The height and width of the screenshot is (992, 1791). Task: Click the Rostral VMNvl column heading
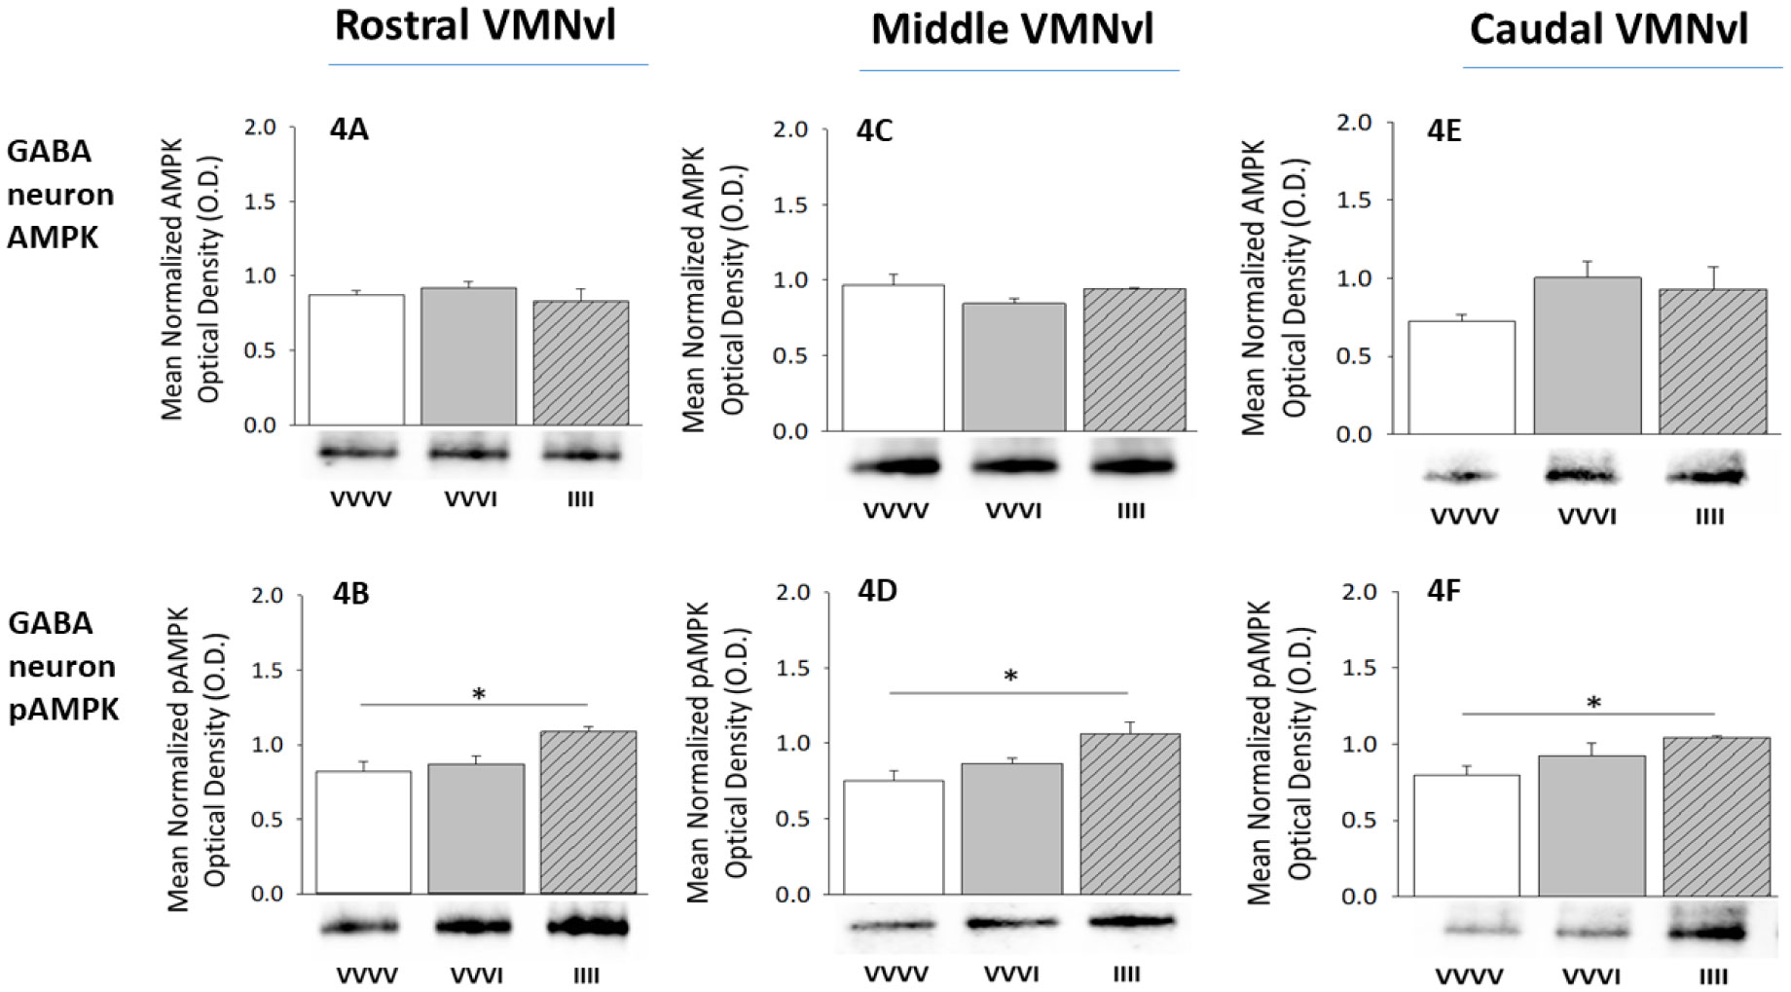(475, 26)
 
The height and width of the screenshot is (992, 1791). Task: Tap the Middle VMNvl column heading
(1011, 30)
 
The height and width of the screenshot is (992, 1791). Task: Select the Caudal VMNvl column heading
(1608, 30)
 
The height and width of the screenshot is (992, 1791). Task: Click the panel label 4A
(348, 129)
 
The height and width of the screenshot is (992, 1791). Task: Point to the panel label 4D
(877, 591)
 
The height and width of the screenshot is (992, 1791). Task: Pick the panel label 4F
(1444, 591)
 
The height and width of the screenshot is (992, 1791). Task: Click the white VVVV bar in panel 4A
(356, 360)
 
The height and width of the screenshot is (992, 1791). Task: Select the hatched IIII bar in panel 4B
(588, 813)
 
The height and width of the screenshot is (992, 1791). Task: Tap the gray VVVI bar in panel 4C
(1013, 367)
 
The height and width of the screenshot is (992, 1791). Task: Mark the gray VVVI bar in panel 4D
(1011, 829)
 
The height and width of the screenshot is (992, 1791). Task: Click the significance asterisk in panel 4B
(478, 695)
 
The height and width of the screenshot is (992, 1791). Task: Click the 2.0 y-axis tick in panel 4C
(791, 129)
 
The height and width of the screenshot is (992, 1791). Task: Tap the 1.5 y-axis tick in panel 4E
(1354, 201)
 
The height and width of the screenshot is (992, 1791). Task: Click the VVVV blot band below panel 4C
(897, 466)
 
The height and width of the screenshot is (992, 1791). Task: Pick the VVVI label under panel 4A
(470, 499)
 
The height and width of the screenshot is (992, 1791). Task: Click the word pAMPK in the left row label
(63, 709)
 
